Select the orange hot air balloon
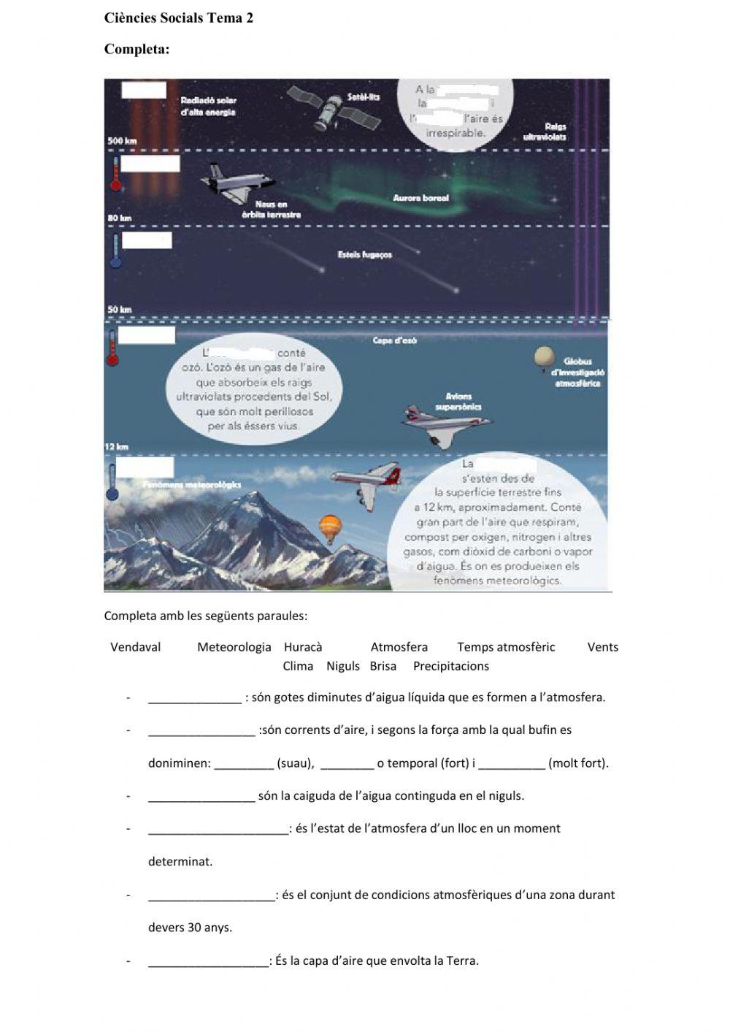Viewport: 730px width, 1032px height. tap(330, 527)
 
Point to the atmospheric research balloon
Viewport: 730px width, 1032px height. tap(544, 358)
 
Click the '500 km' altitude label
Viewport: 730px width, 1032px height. tap(122, 141)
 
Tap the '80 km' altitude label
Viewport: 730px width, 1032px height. tap(120, 218)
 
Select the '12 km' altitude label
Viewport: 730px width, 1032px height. tap(117, 446)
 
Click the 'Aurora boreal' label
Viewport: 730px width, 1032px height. tap(420, 198)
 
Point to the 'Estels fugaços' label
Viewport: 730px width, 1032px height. tap(365, 255)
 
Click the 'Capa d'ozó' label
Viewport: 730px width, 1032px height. tap(394, 340)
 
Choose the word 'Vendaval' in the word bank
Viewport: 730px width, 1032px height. tap(135, 647)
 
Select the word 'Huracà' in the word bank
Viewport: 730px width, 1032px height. tap(302, 647)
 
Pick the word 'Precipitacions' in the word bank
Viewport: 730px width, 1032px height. tap(450, 666)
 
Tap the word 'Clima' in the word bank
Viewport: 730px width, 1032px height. tap(298, 666)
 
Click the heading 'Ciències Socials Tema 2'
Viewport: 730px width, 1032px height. tap(179, 18)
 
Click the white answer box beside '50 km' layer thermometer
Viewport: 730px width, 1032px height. tap(147, 240)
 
